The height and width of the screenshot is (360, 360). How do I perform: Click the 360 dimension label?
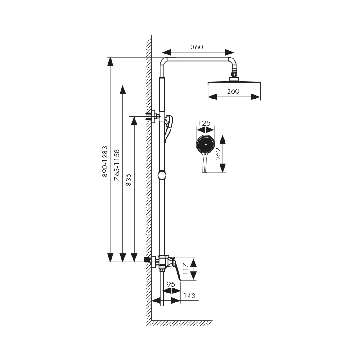pos(197,47)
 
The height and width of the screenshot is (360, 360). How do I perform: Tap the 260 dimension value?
pos(233,91)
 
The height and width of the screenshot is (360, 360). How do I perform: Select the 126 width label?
pos(204,123)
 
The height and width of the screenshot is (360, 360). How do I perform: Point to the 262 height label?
pos(218,154)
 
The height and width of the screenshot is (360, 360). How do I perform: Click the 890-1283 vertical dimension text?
pos(104,162)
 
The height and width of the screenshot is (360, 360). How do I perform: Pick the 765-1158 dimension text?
pos(117,165)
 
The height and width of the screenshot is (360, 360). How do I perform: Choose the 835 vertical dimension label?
pos(129,180)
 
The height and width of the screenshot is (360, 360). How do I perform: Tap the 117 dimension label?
pos(185,269)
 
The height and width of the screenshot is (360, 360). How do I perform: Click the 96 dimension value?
pos(171,284)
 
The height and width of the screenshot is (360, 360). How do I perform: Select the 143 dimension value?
pos(189,296)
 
